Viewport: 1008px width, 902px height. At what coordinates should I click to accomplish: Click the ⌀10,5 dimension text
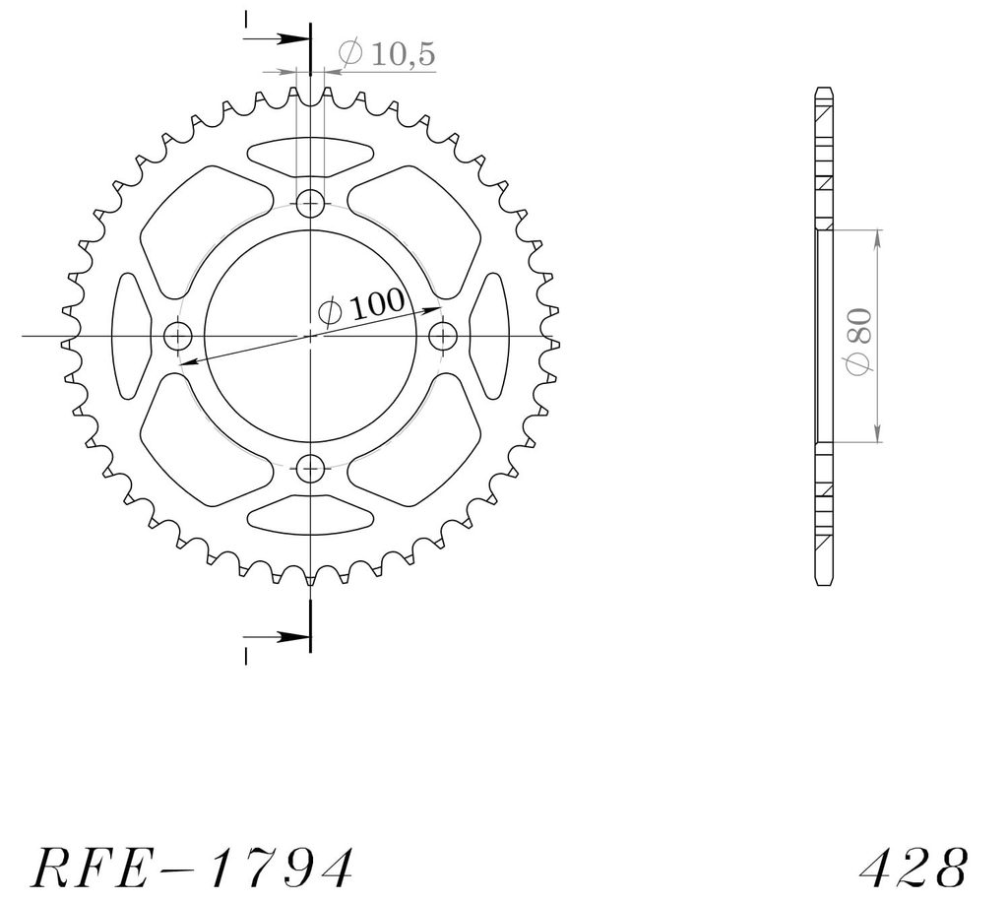(x=387, y=53)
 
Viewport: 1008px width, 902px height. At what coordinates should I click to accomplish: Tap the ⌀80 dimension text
(x=859, y=341)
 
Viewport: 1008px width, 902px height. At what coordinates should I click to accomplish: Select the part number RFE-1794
(x=192, y=867)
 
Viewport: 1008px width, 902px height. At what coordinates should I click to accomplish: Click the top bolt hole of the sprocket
(x=310, y=204)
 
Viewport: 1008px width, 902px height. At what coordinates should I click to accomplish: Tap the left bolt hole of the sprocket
(x=178, y=336)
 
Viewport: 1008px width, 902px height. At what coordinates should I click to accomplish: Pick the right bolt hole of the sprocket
(x=443, y=335)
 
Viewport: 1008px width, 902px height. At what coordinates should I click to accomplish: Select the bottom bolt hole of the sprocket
(x=310, y=468)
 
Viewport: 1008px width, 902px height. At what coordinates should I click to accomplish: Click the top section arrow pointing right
(x=277, y=38)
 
